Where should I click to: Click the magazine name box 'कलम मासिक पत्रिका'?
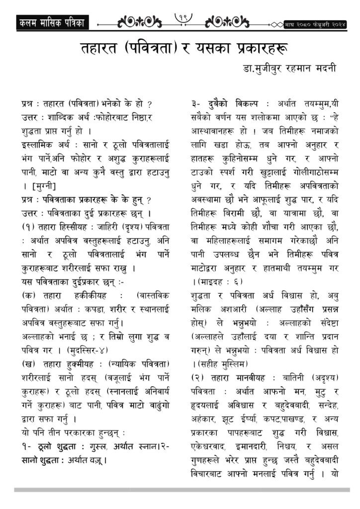pyautogui.click(x=51, y=22)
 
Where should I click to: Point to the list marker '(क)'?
pyautogui.click(x=28, y=295)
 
